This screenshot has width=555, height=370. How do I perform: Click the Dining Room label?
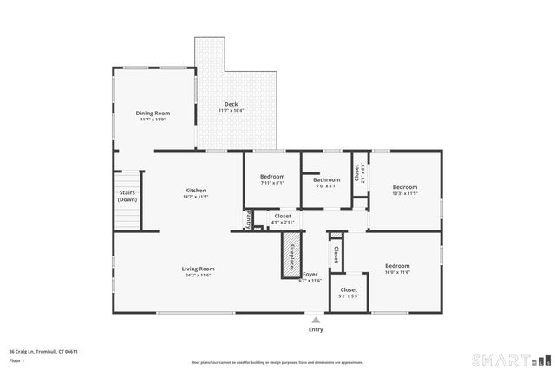click(153, 113)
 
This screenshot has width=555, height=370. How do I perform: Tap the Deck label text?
click(231, 104)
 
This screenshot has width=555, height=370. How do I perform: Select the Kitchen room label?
click(195, 191)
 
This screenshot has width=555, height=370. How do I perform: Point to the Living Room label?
click(198, 269)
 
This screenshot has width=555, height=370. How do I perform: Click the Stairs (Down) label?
click(127, 196)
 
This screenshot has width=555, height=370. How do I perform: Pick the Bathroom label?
click(327, 179)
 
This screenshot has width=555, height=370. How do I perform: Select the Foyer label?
click(310, 275)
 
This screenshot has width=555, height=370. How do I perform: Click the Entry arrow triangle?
click(316, 320)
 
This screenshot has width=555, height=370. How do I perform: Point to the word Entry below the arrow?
click(316, 329)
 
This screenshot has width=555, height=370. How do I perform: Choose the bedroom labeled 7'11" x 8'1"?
click(272, 179)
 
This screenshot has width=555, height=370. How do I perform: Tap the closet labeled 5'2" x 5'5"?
click(349, 292)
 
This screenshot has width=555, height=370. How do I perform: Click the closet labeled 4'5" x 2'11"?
click(283, 219)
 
